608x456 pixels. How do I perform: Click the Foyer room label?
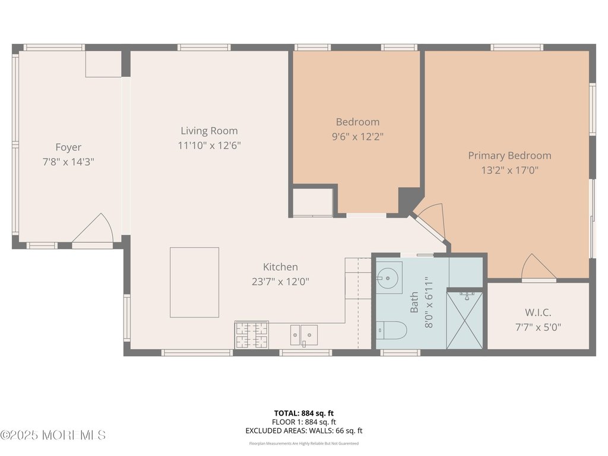pos(68,147)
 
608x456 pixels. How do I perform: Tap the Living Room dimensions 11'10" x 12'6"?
pos(210,145)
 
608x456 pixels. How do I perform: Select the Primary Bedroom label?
pos(509,156)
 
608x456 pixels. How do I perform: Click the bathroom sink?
pos(388,275)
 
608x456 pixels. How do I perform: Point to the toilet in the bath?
pos(391,330)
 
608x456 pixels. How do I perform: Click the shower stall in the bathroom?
pos(464,319)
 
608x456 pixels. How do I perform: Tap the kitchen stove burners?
pos(252,334)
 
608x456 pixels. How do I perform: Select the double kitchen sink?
pos(303,335)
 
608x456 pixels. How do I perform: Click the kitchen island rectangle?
pos(194,282)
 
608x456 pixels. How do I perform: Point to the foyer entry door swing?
pos(94,230)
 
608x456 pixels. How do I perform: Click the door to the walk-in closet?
pos(539,268)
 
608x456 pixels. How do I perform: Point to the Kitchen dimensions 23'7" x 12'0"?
pos(280,281)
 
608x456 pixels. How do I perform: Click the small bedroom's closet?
pos(313,202)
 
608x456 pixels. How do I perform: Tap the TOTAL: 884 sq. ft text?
pos(303,413)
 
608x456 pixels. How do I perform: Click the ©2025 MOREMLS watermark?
pos(53,435)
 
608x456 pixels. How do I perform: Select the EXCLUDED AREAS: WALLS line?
pos(303,431)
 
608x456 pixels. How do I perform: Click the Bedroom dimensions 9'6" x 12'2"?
pos(357,136)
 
